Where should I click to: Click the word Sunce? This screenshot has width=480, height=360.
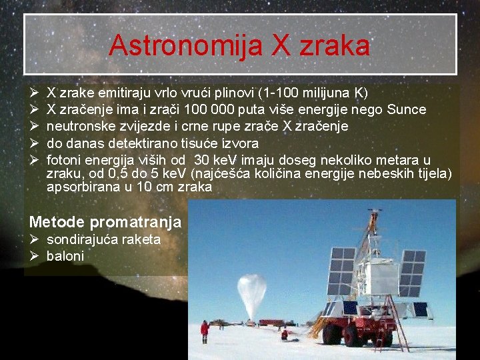407,109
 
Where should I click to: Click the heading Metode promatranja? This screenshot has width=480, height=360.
105,221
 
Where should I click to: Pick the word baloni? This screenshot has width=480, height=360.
65,256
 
